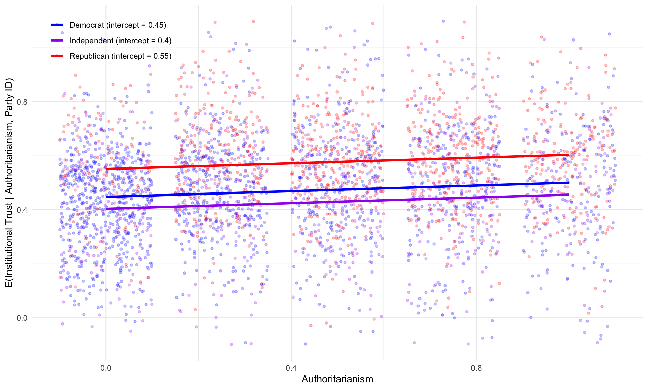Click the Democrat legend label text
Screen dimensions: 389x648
pyautogui.click(x=118, y=25)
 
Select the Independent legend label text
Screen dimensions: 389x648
pyautogui.click(x=120, y=41)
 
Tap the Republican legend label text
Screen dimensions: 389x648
pyautogui.click(x=120, y=56)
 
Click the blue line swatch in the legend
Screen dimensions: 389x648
pyautogui.click(x=57, y=25)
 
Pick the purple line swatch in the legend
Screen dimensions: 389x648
pyautogui.click(x=57, y=41)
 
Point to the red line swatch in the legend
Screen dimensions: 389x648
pyautogui.click(x=57, y=56)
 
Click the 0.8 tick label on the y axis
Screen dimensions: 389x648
pyautogui.click(x=22, y=102)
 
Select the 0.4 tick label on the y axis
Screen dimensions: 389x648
pyautogui.click(x=22, y=210)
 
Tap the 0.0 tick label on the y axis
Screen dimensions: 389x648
pyautogui.click(x=22, y=318)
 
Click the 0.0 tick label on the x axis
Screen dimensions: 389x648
pyautogui.click(x=106, y=368)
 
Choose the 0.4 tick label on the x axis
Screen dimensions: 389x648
pyautogui.click(x=291, y=368)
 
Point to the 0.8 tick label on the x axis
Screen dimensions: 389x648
pyautogui.click(x=476, y=368)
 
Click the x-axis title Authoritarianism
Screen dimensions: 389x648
pyautogui.click(x=337, y=379)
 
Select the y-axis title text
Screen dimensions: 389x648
pyautogui.click(x=9, y=183)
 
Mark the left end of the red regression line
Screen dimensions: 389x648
pyautogui.click(x=106, y=169)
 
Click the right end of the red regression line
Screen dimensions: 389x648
pyautogui.click(x=569, y=155)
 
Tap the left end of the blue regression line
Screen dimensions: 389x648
pyautogui.click(x=106, y=196)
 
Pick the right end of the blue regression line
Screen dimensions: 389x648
pyautogui.click(x=569, y=183)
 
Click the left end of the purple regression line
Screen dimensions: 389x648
pyautogui.click(x=106, y=209)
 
